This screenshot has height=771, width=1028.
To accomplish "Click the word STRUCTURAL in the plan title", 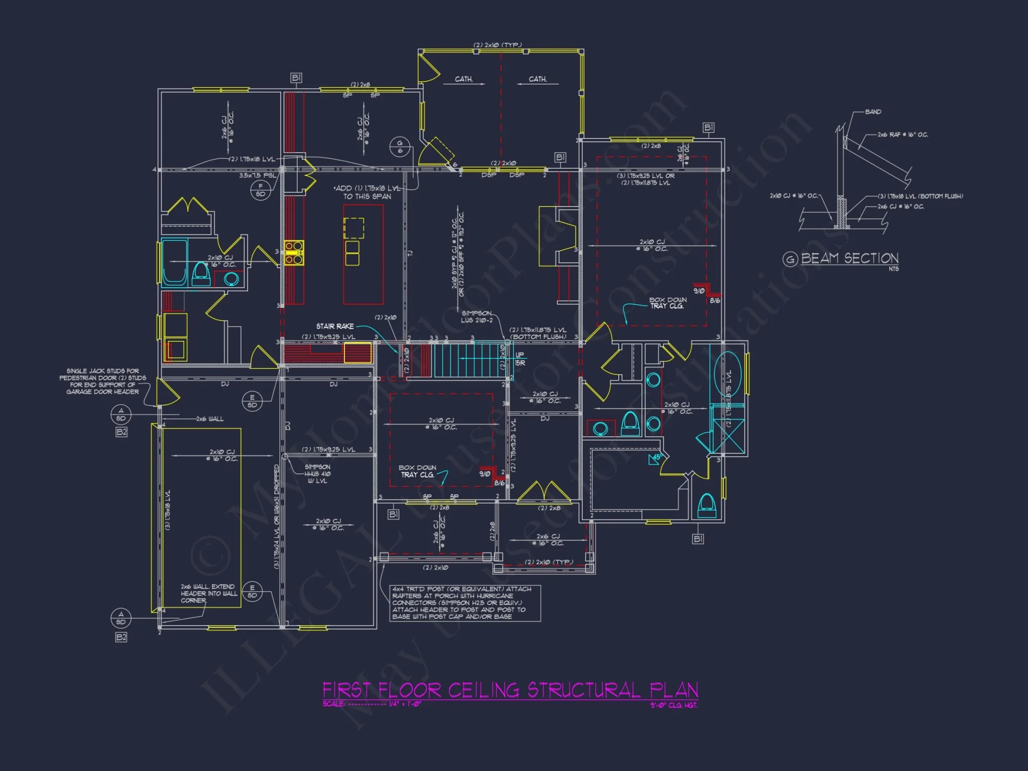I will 584,690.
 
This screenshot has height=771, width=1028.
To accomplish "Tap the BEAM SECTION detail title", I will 850,259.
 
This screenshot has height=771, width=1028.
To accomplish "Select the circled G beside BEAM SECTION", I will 790,259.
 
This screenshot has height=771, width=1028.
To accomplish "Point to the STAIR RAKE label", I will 335,326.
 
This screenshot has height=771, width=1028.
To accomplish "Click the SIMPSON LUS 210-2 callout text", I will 476,317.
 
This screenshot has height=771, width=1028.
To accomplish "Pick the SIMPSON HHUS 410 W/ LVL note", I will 317,474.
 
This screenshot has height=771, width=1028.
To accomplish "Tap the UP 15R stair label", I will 520,359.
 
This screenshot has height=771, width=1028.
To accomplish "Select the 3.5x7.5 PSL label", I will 257,175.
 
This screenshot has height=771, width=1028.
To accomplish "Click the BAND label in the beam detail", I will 873,112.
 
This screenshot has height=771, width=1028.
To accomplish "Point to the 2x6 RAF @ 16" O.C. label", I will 903,135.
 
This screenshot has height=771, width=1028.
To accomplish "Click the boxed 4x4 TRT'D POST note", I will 465,603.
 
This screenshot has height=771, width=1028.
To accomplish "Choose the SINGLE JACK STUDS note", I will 103,381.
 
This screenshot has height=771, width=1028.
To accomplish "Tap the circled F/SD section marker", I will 261,190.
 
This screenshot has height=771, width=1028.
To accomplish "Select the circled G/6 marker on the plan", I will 400,147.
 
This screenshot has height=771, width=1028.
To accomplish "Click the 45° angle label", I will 657,456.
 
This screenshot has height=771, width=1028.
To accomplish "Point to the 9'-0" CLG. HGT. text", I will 674,705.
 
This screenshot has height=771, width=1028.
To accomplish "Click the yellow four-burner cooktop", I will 294,253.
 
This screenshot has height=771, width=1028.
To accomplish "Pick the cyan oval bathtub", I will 727,374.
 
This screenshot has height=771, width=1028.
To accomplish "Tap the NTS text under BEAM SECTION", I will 893,269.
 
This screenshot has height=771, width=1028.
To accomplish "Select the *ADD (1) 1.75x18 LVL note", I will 367,192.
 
